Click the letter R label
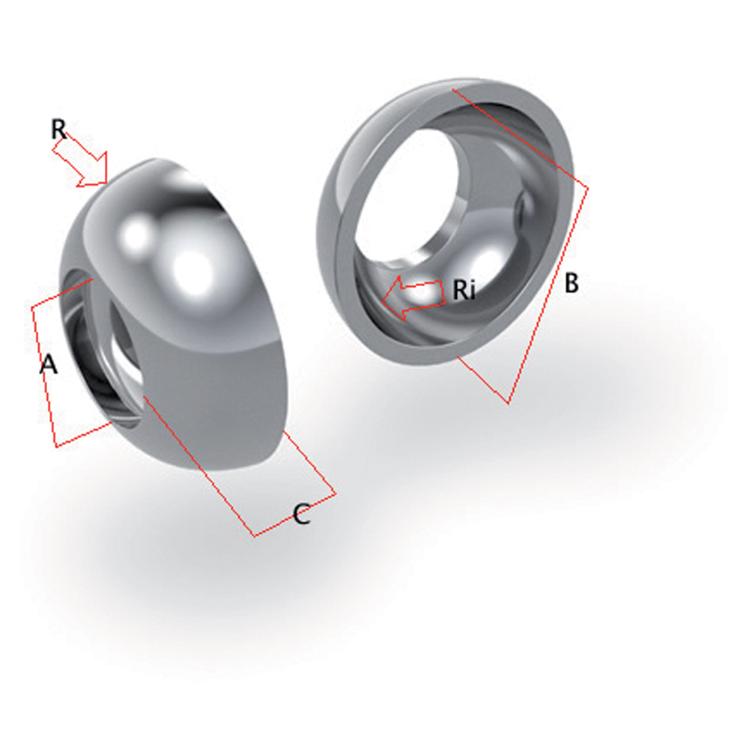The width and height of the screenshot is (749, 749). tap(59, 129)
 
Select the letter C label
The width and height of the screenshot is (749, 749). tap(301, 515)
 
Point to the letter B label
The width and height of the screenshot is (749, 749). tap(571, 283)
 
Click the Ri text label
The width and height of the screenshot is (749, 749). tap(464, 290)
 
